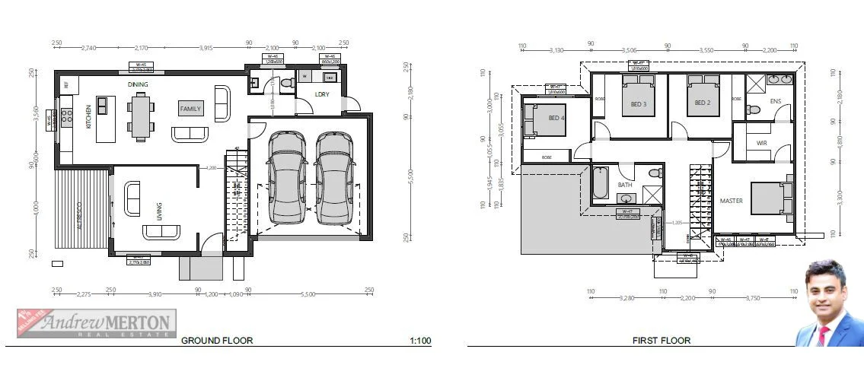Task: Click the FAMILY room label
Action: coord(190,109)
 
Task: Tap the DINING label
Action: coord(138,84)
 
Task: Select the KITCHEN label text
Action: coord(89,116)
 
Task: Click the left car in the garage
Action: coord(287,177)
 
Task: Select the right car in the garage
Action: coord(333,177)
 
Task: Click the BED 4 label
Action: coord(557,118)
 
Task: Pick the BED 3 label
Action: coord(638,104)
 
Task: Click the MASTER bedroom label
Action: coord(731,201)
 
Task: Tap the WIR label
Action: coord(761,143)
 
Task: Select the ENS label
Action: coord(775,101)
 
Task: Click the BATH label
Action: coord(625,185)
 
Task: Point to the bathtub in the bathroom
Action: coord(601,183)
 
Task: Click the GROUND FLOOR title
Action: coord(216,341)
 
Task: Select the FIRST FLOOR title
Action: coord(661,341)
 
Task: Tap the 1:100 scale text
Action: coord(419,341)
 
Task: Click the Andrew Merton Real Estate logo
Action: coord(97,322)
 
